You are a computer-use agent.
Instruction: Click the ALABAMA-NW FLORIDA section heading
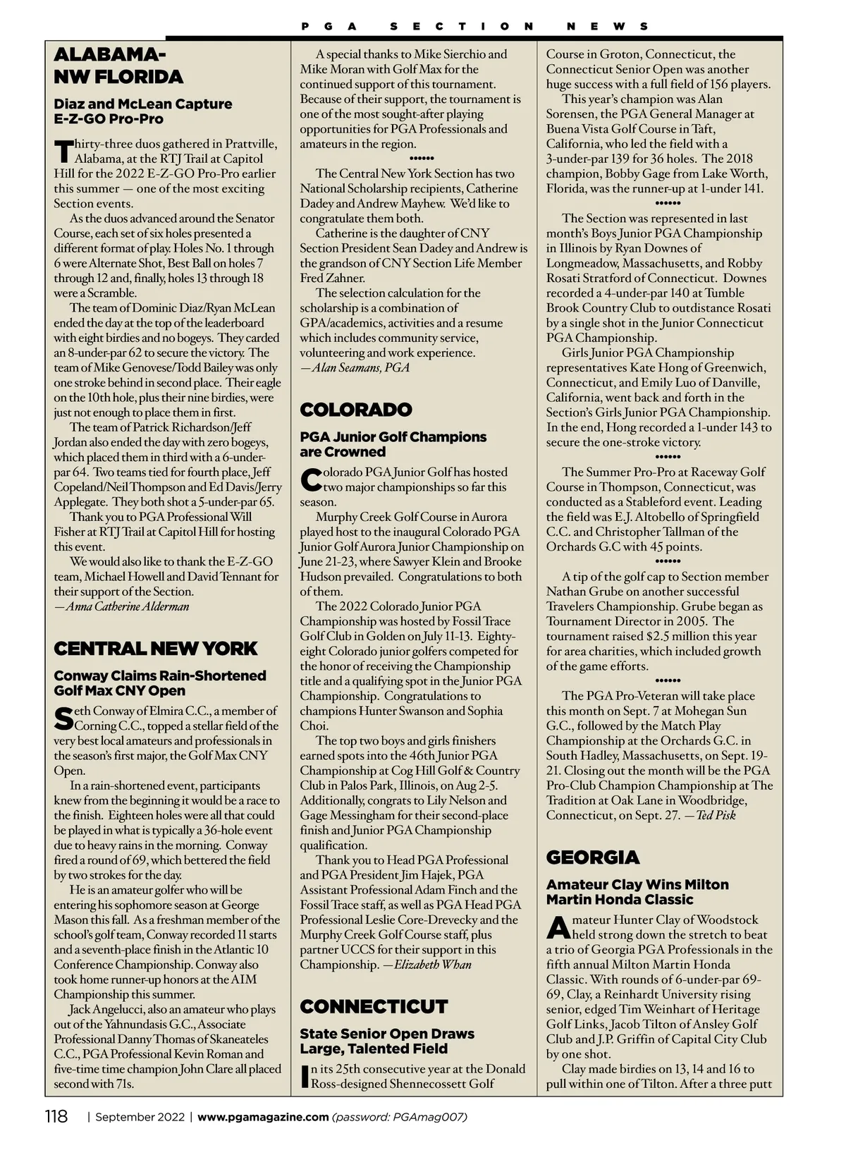[118, 66]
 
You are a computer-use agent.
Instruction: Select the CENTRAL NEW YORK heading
[156, 649]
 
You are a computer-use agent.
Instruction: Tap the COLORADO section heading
[356, 410]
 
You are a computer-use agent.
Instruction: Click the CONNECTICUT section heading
[374, 1006]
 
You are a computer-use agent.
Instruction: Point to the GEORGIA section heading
[593, 857]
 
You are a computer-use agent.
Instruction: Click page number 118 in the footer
[56, 1117]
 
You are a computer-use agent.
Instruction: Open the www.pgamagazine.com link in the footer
[263, 1117]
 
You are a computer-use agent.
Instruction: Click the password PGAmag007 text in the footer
[400, 1117]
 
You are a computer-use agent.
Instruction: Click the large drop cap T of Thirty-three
[63, 152]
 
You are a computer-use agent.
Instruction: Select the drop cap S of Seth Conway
[63, 719]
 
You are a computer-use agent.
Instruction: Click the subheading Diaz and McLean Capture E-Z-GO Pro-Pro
[142, 111]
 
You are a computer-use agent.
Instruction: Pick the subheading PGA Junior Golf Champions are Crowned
[393, 444]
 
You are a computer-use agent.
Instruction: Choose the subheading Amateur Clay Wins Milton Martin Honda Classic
[637, 892]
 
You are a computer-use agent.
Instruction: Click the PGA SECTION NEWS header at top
[474, 27]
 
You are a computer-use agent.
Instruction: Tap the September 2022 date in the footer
[140, 1117]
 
